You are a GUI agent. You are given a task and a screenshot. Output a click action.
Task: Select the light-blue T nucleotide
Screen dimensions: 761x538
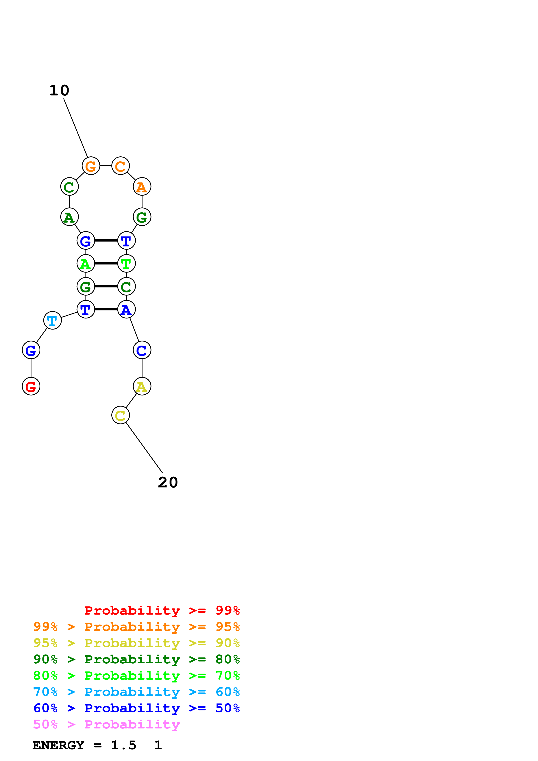pyautogui.click(x=52, y=320)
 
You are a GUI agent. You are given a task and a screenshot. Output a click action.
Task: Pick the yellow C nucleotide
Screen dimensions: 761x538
pyautogui.click(x=120, y=415)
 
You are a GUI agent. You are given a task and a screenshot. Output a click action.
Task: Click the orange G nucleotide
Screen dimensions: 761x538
pyautogui.click(x=91, y=166)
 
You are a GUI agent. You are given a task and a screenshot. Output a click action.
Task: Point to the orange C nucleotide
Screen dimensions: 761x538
pyautogui.click(x=120, y=166)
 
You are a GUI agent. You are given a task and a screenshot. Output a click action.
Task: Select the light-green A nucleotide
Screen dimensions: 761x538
pyautogui.click(x=86, y=264)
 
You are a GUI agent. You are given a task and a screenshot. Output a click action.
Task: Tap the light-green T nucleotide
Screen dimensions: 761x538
pyautogui.click(x=126, y=264)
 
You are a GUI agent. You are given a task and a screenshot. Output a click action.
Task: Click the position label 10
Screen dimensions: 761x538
pyautogui.click(x=59, y=90)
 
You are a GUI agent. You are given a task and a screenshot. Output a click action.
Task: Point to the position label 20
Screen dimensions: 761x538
pyautogui.click(x=168, y=482)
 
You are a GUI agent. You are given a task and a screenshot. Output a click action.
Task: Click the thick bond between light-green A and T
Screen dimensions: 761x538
pyautogui.click(x=106, y=264)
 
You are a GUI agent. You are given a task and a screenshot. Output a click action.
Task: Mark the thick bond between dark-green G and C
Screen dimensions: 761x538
pyautogui.click(x=106, y=286)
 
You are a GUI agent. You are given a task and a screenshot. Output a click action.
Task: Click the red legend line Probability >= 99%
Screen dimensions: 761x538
pyautogui.click(x=162, y=610)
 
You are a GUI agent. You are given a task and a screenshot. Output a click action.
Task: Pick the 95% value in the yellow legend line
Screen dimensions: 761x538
pyautogui.click(x=45, y=643)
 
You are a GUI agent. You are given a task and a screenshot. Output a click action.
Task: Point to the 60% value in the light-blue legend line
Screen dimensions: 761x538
pyautogui.click(x=227, y=692)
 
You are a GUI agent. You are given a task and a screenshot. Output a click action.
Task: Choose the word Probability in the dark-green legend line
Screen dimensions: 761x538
pyautogui.click(x=132, y=659)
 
